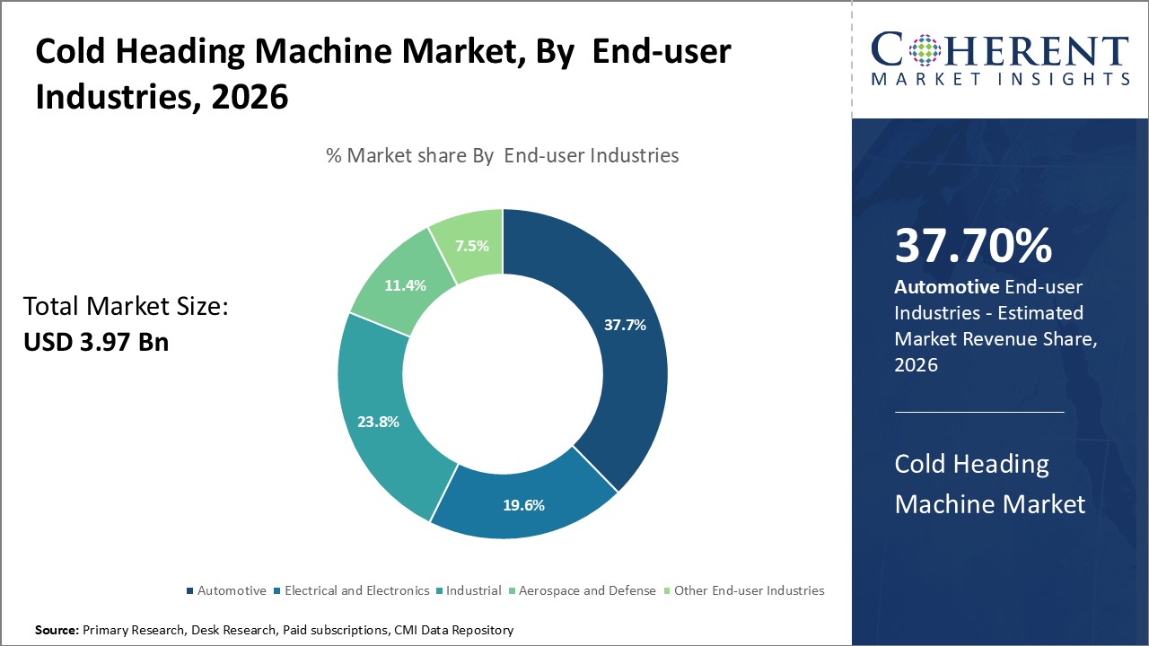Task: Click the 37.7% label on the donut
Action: pyautogui.click(x=625, y=326)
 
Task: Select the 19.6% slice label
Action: pyautogui.click(x=523, y=505)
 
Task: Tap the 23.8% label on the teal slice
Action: pyautogui.click(x=377, y=421)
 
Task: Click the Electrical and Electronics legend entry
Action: pyautogui.click(x=356, y=590)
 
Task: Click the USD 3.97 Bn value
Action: pyautogui.click(x=96, y=342)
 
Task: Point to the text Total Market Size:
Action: pyautogui.click(x=126, y=307)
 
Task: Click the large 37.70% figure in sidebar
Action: pyautogui.click(x=973, y=246)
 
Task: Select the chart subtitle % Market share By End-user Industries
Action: pyautogui.click(x=503, y=155)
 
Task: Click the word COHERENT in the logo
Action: pyautogui.click(x=1000, y=51)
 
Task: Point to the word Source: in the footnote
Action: pyautogui.click(x=57, y=630)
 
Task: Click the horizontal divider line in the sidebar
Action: pyautogui.click(x=979, y=412)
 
